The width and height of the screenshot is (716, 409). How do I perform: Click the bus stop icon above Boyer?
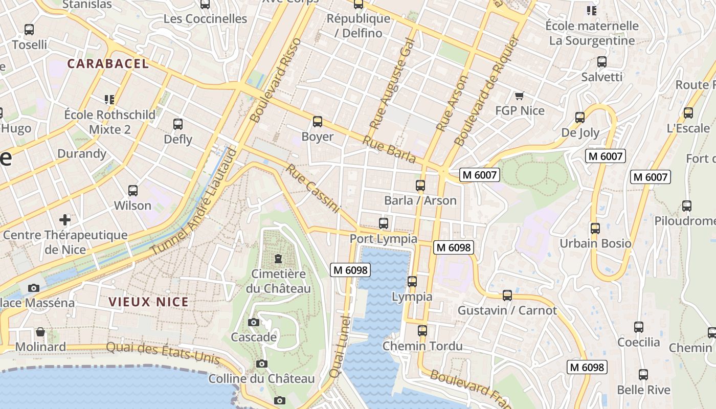coord(318,122)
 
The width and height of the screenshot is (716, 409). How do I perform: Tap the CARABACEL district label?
coord(108,64)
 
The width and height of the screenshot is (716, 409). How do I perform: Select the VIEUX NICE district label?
coord(149,302)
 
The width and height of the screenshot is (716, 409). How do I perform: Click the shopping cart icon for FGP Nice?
coord(520,96)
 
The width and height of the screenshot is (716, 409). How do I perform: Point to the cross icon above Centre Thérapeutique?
coord(65,220)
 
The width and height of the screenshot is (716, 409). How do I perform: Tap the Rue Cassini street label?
coord(313,188)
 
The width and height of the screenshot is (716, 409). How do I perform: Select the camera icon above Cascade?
coord(253,322)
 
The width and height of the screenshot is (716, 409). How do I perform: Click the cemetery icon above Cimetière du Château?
coord(278,259)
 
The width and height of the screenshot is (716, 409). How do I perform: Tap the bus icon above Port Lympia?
coord(384,223)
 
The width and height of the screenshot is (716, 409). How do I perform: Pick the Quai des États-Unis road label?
coord(163,353)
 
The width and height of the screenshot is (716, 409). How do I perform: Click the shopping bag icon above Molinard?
coord(40,332)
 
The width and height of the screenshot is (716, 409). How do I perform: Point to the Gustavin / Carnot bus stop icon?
coord(507,296)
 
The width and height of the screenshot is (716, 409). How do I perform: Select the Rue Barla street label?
coord(389,149)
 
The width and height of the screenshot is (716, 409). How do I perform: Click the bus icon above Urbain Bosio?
coord(595,229)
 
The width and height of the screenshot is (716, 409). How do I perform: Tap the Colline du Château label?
coord(261,379)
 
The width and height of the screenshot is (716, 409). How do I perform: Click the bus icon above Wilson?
coord(133,191)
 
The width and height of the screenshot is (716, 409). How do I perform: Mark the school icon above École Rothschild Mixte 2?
coord(109,99)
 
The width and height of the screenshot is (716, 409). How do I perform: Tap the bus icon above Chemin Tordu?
coord(422,331)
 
